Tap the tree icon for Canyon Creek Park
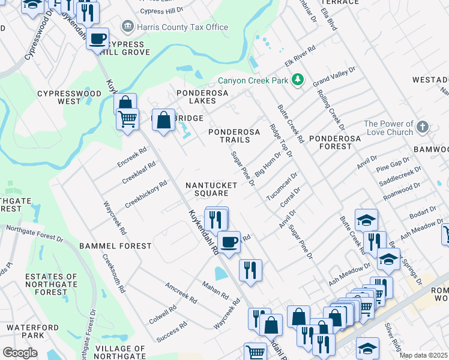click(x=297, y=80)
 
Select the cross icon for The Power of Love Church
click(x=423, y=127)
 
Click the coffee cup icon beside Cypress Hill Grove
click(x=97, y=39)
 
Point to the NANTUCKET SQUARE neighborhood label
click(x=206, y=189)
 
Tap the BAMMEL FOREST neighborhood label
click(x=115, y=246)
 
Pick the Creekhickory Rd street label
click(x=145, y=194)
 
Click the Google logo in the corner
click(x=20, y=352)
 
